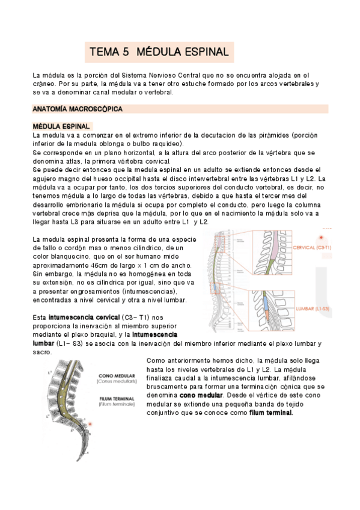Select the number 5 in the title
(x=126, y=52)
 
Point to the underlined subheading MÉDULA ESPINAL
(x=61, y=127)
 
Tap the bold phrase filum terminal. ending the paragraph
(x=271, y=413)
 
